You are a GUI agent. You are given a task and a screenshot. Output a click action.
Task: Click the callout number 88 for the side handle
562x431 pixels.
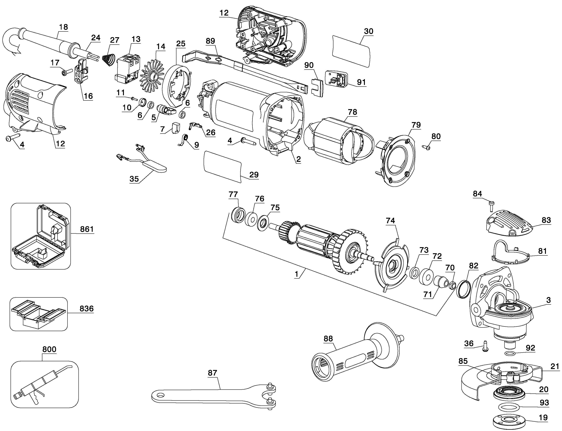point(328,339)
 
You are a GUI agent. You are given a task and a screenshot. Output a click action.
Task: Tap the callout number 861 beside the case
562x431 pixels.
point(87,229)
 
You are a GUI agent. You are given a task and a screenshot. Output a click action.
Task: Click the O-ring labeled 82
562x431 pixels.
point(463,289)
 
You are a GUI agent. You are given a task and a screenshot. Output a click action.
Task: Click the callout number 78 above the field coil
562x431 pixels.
point(352,112)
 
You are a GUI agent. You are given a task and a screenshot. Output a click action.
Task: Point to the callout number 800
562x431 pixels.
point(49,349)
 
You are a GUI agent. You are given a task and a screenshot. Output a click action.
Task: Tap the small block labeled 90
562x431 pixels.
point(318,87)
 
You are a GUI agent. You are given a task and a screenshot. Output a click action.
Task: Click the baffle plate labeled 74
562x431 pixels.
point(391,265)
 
